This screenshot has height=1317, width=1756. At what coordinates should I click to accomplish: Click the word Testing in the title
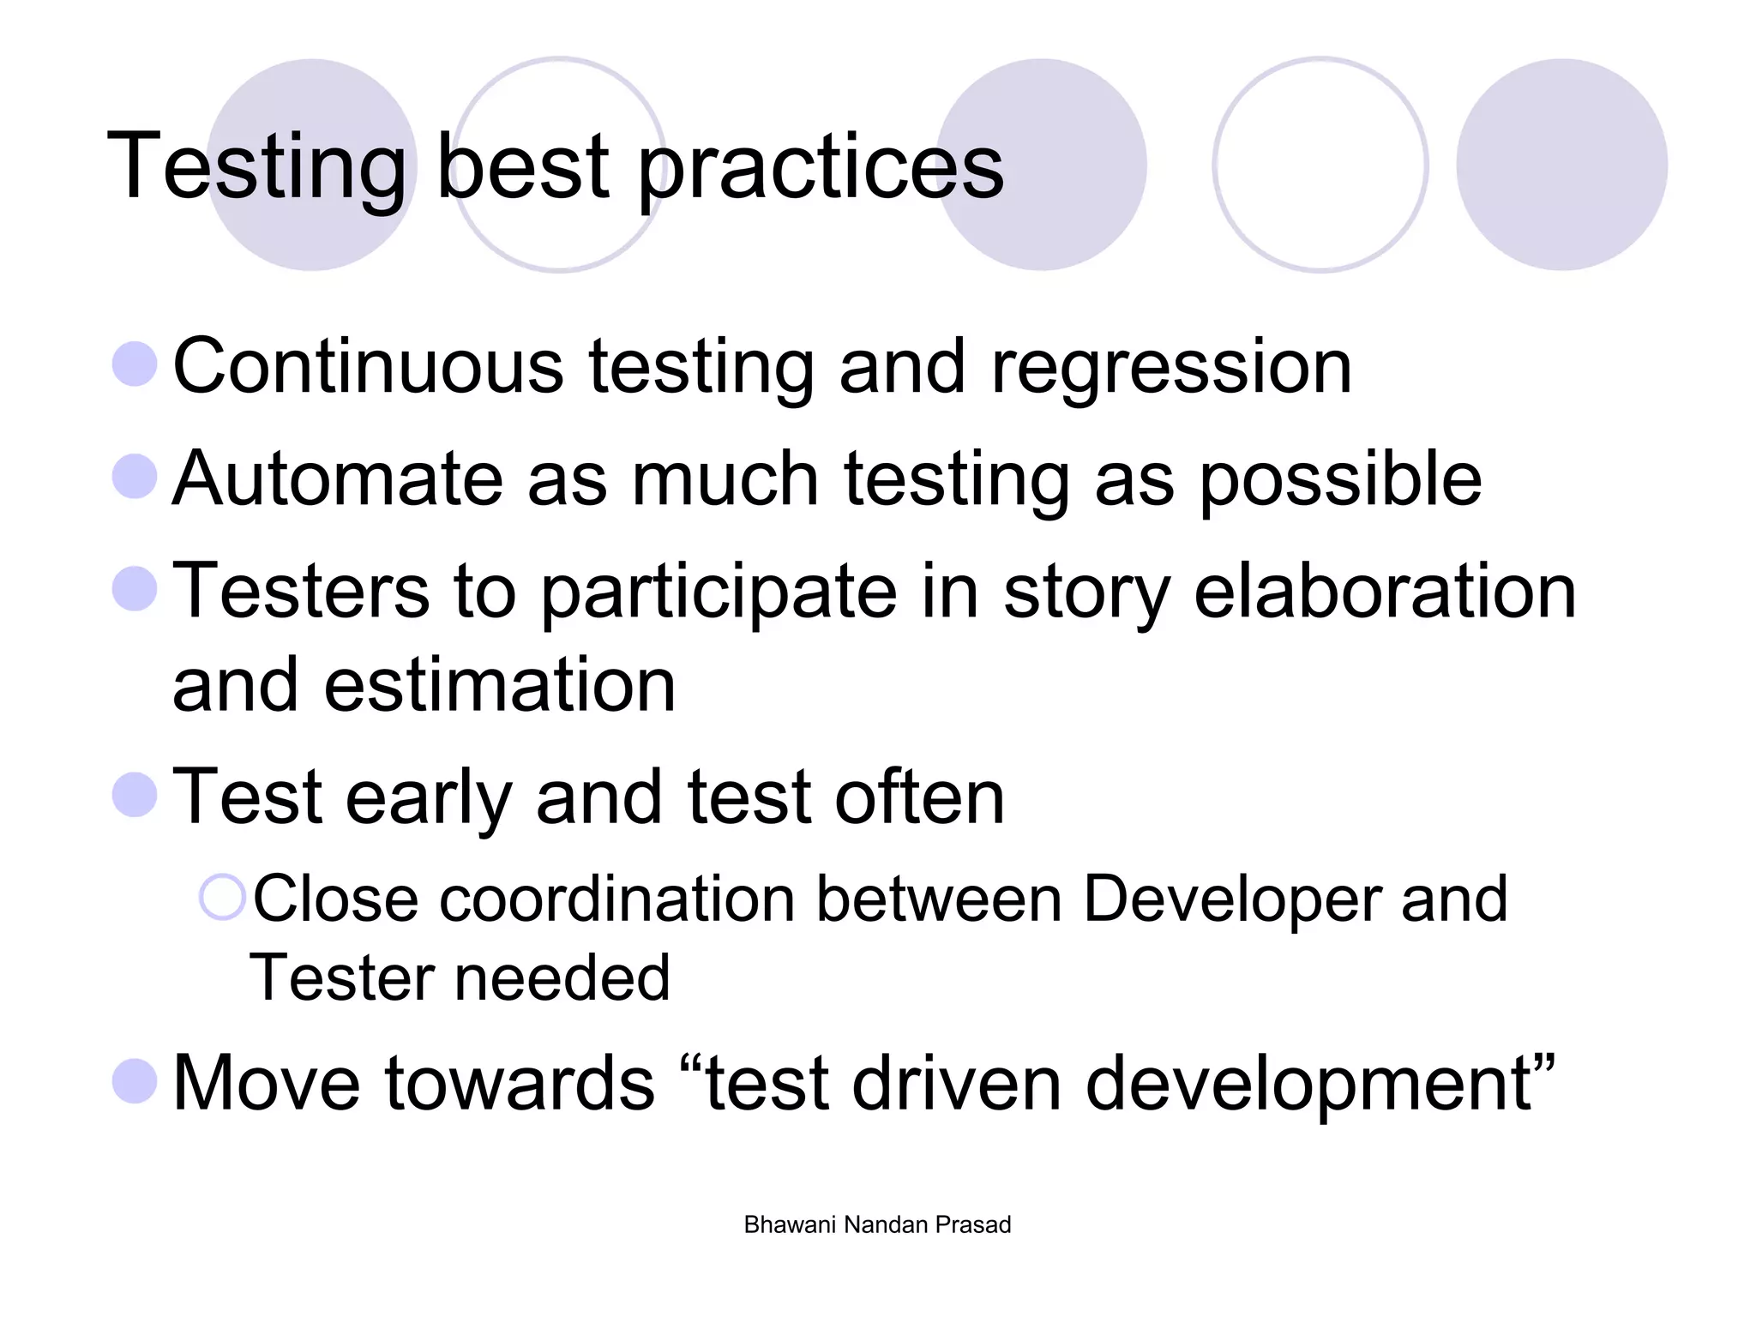point(256,167)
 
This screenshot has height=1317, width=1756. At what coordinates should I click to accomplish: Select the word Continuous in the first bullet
point(368,367)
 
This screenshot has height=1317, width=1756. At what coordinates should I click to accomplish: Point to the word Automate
point(337,478)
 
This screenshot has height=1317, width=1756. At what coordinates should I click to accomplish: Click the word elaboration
point(1384,591)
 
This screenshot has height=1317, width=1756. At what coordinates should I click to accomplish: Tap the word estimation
point(500,684)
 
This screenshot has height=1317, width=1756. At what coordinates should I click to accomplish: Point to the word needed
point(562,977)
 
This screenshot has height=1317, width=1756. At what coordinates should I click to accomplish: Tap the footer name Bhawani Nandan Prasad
point(877,1224)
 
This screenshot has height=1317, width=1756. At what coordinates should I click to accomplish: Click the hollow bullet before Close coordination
point(223,898)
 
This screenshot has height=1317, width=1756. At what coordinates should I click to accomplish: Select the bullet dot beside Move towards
point(135,1080)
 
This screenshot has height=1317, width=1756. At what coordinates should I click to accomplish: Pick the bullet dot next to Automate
point(135,476)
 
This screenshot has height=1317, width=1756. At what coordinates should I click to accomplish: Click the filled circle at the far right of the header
point(1561,165)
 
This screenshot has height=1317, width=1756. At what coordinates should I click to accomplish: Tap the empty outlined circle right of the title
point(1320,165)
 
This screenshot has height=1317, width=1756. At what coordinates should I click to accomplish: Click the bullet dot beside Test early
point(135,794)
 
